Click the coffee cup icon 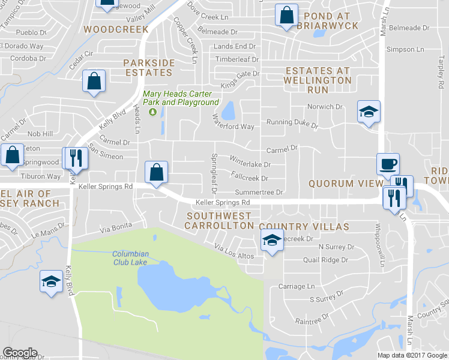(387, 163)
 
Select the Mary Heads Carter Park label (180, 98)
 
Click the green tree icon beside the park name (152, 111)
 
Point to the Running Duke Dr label (292, 123)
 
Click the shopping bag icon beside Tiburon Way (12, 155)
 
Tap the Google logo (20, 353)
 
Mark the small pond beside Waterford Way (228, 110)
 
